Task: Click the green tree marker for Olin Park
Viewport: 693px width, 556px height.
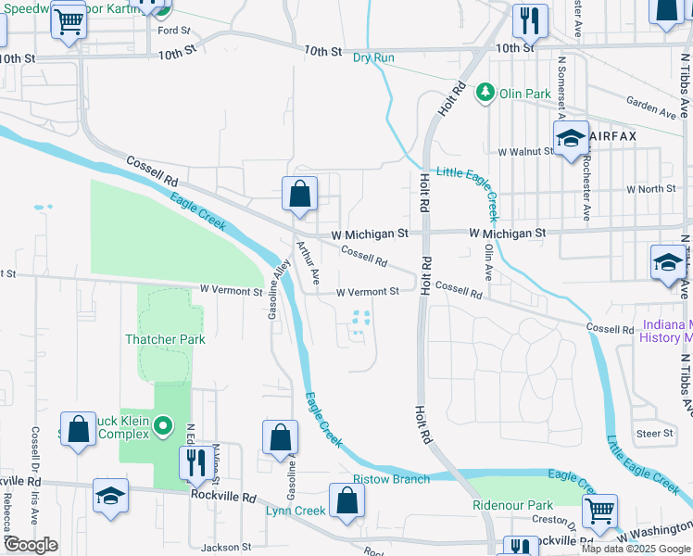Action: tap(485, 92)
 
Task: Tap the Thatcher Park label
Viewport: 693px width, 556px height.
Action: tap(165, 339)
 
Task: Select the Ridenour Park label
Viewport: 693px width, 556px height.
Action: tap(512, 505)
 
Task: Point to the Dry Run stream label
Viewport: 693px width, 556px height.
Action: tap(373, 57)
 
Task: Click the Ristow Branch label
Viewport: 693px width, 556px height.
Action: tap(391, 479)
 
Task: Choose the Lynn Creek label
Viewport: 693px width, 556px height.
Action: tap(296, 511)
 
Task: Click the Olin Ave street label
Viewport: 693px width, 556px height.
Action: tap(488, 262)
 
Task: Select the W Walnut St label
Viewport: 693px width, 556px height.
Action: tap(524, 151)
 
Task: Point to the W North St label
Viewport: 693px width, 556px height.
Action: tap(651, 189)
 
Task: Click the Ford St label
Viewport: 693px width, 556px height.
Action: tap(173, 31)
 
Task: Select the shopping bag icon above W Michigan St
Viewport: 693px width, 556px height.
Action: tap(299, 195)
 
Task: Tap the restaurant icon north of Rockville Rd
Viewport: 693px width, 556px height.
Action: tap(195, 461)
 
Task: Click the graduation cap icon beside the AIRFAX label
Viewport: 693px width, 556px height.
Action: tap(571, 140)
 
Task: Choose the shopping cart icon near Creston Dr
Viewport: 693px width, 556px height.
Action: tap(599, 510)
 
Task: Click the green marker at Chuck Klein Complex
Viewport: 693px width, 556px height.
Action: tap(163, 426)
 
